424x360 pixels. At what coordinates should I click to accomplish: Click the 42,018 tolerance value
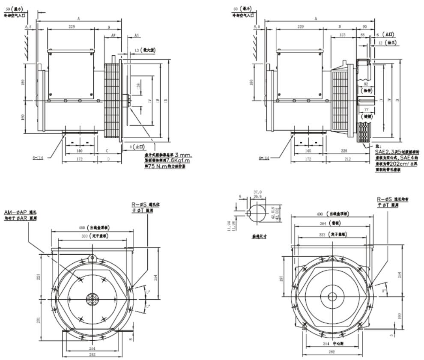(x=273, y=209)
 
